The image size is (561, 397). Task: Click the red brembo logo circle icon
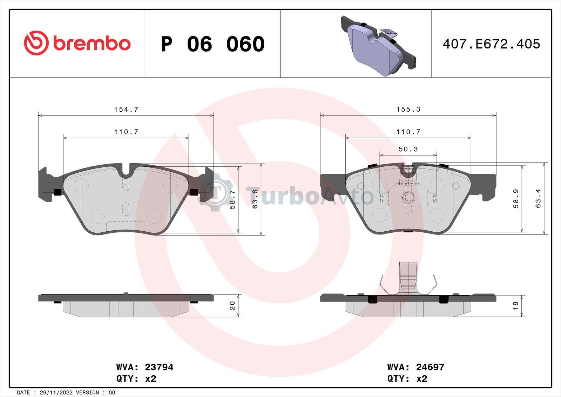point(36,43)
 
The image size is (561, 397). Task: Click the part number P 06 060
point(213,44)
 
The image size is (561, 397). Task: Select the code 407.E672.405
point(491,44)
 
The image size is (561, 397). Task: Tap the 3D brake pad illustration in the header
point(378,46)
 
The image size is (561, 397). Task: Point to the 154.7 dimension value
point(126,110)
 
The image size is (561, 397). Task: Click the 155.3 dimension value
point(408,110)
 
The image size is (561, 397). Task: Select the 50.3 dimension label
point(408,149)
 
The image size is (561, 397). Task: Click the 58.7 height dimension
point(232,200)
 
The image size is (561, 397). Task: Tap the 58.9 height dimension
point(516,199)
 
